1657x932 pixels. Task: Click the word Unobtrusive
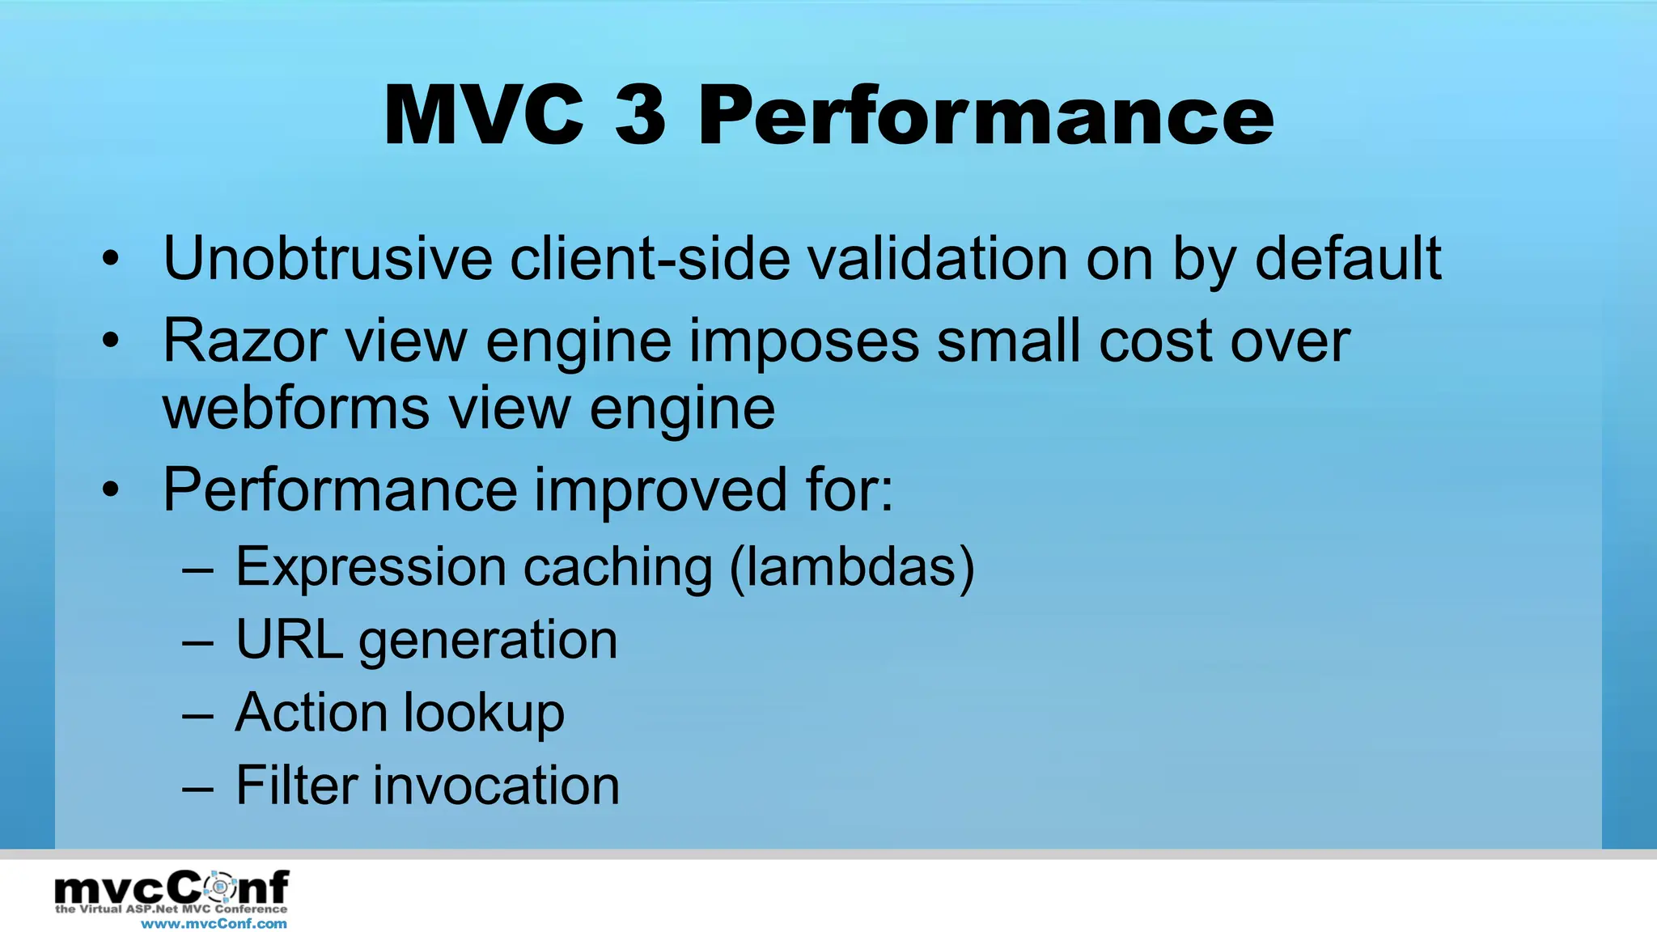tap(327, 259)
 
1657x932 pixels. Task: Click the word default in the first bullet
tap(1347, 259)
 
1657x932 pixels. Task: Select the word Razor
tap(244, 341)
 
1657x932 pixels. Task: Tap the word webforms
tap(295, 408)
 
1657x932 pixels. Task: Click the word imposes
tap(803, 341)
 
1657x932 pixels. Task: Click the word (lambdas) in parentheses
tap(851, 566)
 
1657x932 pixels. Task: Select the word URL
tap(289, 639)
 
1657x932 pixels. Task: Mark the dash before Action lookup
tap(198, 715)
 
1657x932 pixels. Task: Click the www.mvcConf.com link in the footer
tap(214, 923)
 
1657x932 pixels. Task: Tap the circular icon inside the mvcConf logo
tap(218, 888)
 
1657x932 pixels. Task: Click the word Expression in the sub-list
tap(371, 566)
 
